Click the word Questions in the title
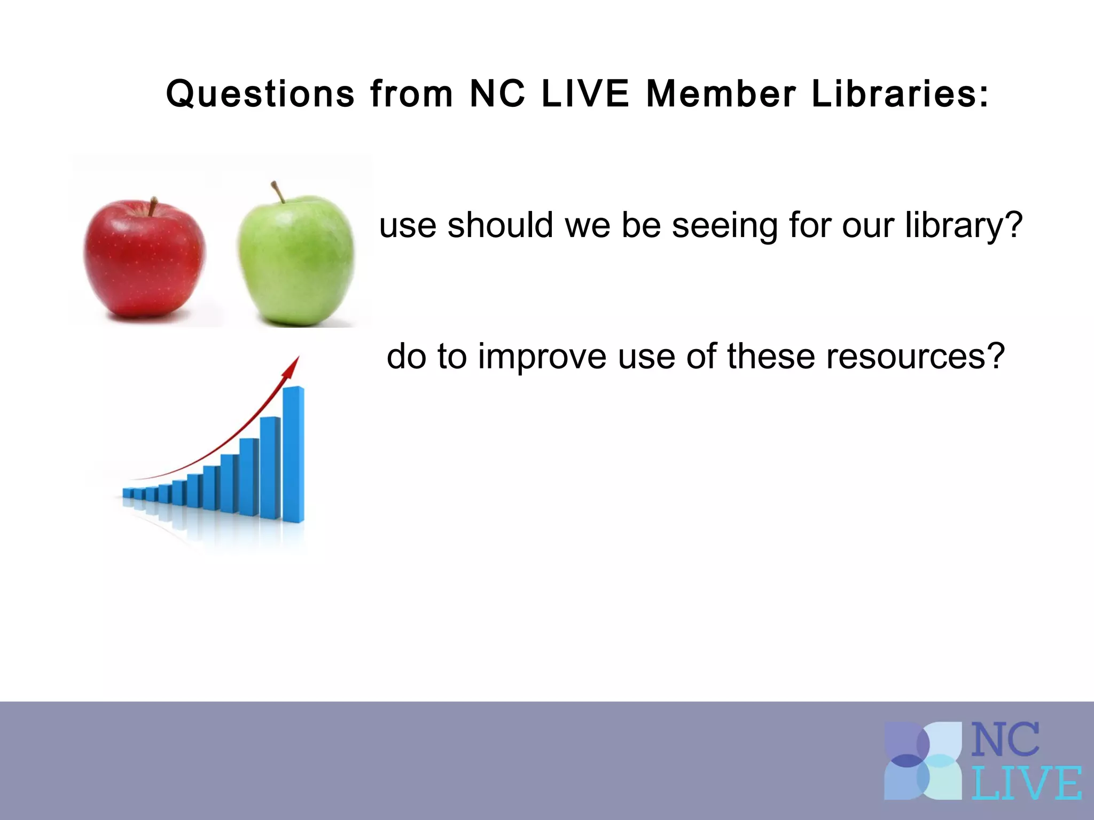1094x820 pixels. pyautogui.click(x=260, y=94)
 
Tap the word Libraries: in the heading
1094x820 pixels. pyautogui.click(x=900, y=94)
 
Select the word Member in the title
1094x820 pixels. pyautogui.click(x=721, y=94)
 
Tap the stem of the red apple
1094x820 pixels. pyautogui.click(x=153, y=206)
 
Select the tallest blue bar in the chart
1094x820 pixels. pyautogui.click(x=293, y=454)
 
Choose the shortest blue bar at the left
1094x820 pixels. pyautogui.click(x=128, y=493)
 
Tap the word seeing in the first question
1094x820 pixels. pyautogui.click(x=724, y=225)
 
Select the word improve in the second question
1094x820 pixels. pyautogui.click(x=542, y=357)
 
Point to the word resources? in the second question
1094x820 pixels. pyautogui.click(x=916, y=357)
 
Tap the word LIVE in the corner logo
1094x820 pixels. pyautogui.click(x=1026, y=783)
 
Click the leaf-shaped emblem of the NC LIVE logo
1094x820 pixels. pyautogui.click(x=922, y=761)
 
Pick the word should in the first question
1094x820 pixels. pyautogui.click(x=500, y=225)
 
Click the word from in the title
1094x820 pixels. pyautogui.click(x=411, y=94)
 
